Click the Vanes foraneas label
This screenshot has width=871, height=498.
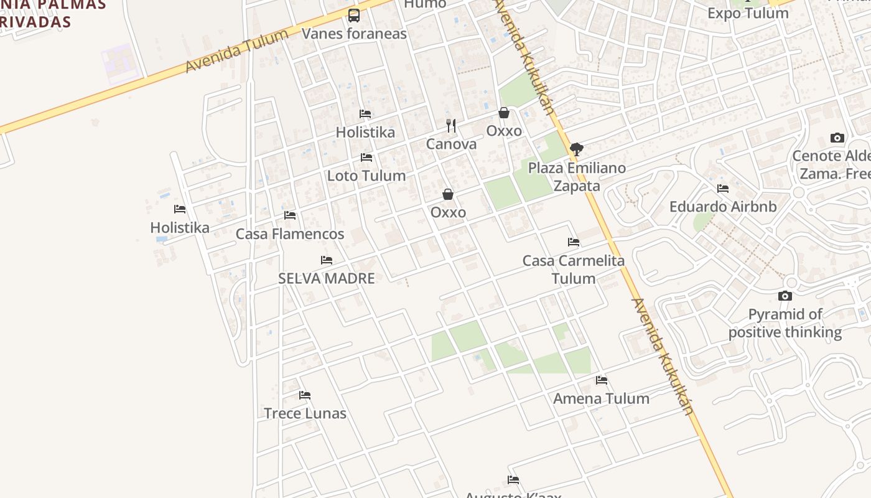[x=354, y=34]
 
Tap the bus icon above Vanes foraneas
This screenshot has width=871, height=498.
[x=354, y=16]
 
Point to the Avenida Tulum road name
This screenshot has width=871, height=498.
[x=237, y=50]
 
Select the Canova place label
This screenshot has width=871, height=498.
[x=451, y=144]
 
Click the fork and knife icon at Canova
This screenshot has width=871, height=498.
[x=451, y=126]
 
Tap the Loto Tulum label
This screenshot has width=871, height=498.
[x=366, y=176]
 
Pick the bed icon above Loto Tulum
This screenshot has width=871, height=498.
[x=366, y=157]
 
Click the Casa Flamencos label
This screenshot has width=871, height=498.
[x=289, y=234]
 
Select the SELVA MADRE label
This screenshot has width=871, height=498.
[x=327, y=278]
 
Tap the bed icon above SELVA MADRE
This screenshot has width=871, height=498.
[x=327, y=260]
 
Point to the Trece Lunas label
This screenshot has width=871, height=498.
[x=305, y=413]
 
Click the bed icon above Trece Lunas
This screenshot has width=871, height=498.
[x=305, y=395]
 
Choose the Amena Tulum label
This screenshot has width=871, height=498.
[x=601, y=398]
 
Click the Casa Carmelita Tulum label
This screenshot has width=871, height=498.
[x=574, y=269]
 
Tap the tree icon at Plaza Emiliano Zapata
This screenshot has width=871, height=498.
[x=576, y=149]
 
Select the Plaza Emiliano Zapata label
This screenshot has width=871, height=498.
[x=577, y=177]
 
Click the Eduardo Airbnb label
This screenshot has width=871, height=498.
[x=723, y=207]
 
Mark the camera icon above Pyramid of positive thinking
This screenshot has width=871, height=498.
[x=785, y=296]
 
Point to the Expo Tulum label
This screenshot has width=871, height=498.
[x=748, y=13]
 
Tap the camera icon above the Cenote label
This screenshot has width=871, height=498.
[x=837, y=138]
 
